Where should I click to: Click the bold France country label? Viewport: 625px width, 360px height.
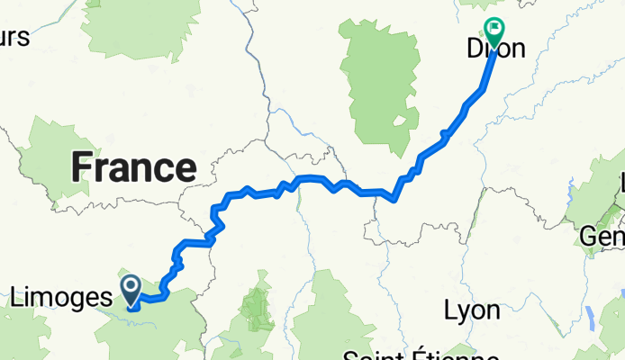coord(133,167)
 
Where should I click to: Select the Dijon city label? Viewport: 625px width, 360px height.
coord(495,49)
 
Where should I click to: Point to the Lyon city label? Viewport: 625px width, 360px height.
coord(472,310)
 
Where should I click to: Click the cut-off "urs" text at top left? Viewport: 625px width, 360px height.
coord(15,38)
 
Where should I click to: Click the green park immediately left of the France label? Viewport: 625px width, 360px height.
coord(50,157)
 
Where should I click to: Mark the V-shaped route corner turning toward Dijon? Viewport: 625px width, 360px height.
coord(394,200)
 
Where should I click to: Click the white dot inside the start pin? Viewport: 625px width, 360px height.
coord(131,285)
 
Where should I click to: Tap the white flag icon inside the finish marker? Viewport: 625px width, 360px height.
coord(494,28)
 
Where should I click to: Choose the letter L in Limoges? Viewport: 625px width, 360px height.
coord(18,294)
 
